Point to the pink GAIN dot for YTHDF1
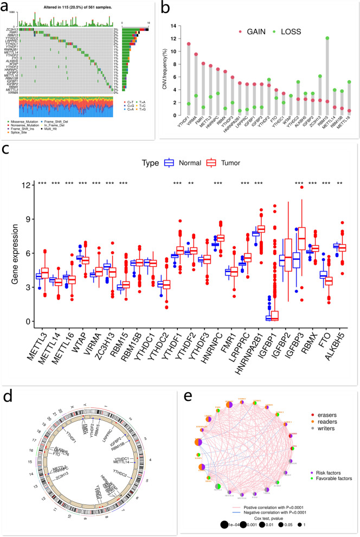189,44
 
